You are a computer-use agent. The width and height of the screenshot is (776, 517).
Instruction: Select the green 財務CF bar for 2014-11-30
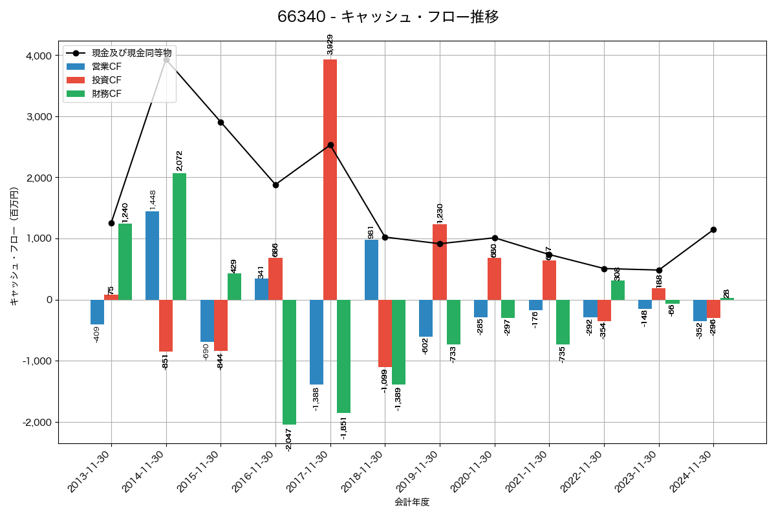[x=179, y=237]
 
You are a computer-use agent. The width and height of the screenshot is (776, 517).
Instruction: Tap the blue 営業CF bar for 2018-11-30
[x=371, y=269]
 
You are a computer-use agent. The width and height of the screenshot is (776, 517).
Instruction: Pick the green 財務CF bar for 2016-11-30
[x=289, y=362]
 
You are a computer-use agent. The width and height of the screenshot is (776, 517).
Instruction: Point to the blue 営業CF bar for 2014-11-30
[x=152, y=255]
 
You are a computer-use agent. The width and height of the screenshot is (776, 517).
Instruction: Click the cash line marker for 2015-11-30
[x=221, y=122]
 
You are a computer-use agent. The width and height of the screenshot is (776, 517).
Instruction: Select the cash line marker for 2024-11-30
[x=713, y=229]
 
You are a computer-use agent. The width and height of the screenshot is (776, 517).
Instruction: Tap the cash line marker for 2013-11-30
[x=111, y=223]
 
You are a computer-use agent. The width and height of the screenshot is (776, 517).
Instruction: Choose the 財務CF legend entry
[x=107, y=94]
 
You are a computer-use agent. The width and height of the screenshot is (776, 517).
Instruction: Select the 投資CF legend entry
[x=107, y=80]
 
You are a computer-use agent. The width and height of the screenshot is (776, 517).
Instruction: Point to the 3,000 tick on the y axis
[x=39, y=117]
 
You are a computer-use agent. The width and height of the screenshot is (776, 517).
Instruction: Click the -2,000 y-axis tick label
[x=37, y=423]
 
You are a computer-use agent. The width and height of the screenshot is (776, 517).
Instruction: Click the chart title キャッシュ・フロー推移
[x=388, y=17]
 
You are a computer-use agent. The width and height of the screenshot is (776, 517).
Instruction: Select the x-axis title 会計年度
[x=412, y=501]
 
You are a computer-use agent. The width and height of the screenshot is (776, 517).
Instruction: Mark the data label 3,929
[x=330, y=45]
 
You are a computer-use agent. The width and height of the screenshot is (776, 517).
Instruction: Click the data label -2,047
[x=289, y=438]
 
